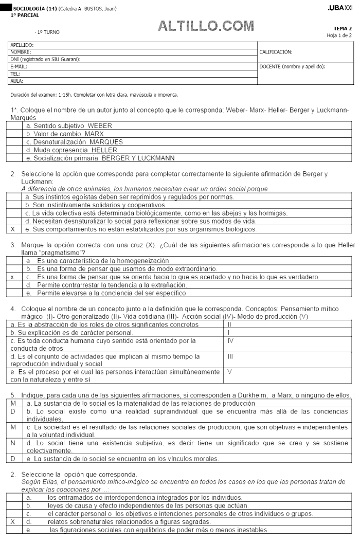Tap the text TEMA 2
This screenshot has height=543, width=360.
343,28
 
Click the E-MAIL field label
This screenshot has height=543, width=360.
19,66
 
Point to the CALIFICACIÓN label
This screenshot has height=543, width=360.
276,52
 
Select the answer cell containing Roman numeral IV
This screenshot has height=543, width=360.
230,340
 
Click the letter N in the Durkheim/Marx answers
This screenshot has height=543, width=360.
12,442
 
